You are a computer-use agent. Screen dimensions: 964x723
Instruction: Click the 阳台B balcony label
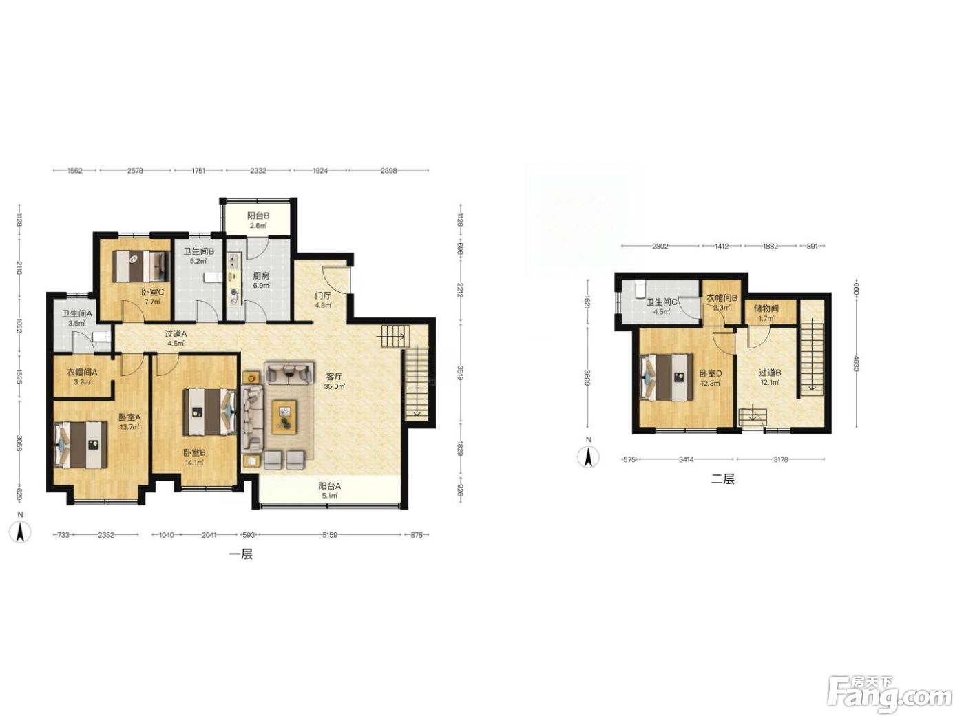click(x=258, y=216)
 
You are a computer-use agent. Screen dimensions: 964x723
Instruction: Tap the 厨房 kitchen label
click(x=261, y=275)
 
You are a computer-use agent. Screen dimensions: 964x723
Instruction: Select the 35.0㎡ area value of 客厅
click(x=334, y=386)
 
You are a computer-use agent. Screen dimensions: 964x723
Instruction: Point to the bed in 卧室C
click(x=141, y=266)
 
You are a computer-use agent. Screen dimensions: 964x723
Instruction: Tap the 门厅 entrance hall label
click(x=323, y=295)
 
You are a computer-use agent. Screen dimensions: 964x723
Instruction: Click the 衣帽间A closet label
click(x=82, y=373)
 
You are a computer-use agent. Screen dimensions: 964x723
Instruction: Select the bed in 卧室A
click(x=81, y=445)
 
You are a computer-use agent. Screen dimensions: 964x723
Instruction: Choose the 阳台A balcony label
click(x=329, y=486)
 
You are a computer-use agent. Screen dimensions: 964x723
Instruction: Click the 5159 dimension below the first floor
click(x=330, y=535)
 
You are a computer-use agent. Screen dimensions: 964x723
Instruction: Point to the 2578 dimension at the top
click(x=135, y=171)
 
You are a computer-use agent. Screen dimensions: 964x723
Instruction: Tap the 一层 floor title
click(x=241, y=554)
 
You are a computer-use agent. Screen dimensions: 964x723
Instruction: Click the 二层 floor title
click(x=722, y=479)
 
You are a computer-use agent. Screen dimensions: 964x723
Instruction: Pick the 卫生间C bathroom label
click(x=662, y=302)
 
